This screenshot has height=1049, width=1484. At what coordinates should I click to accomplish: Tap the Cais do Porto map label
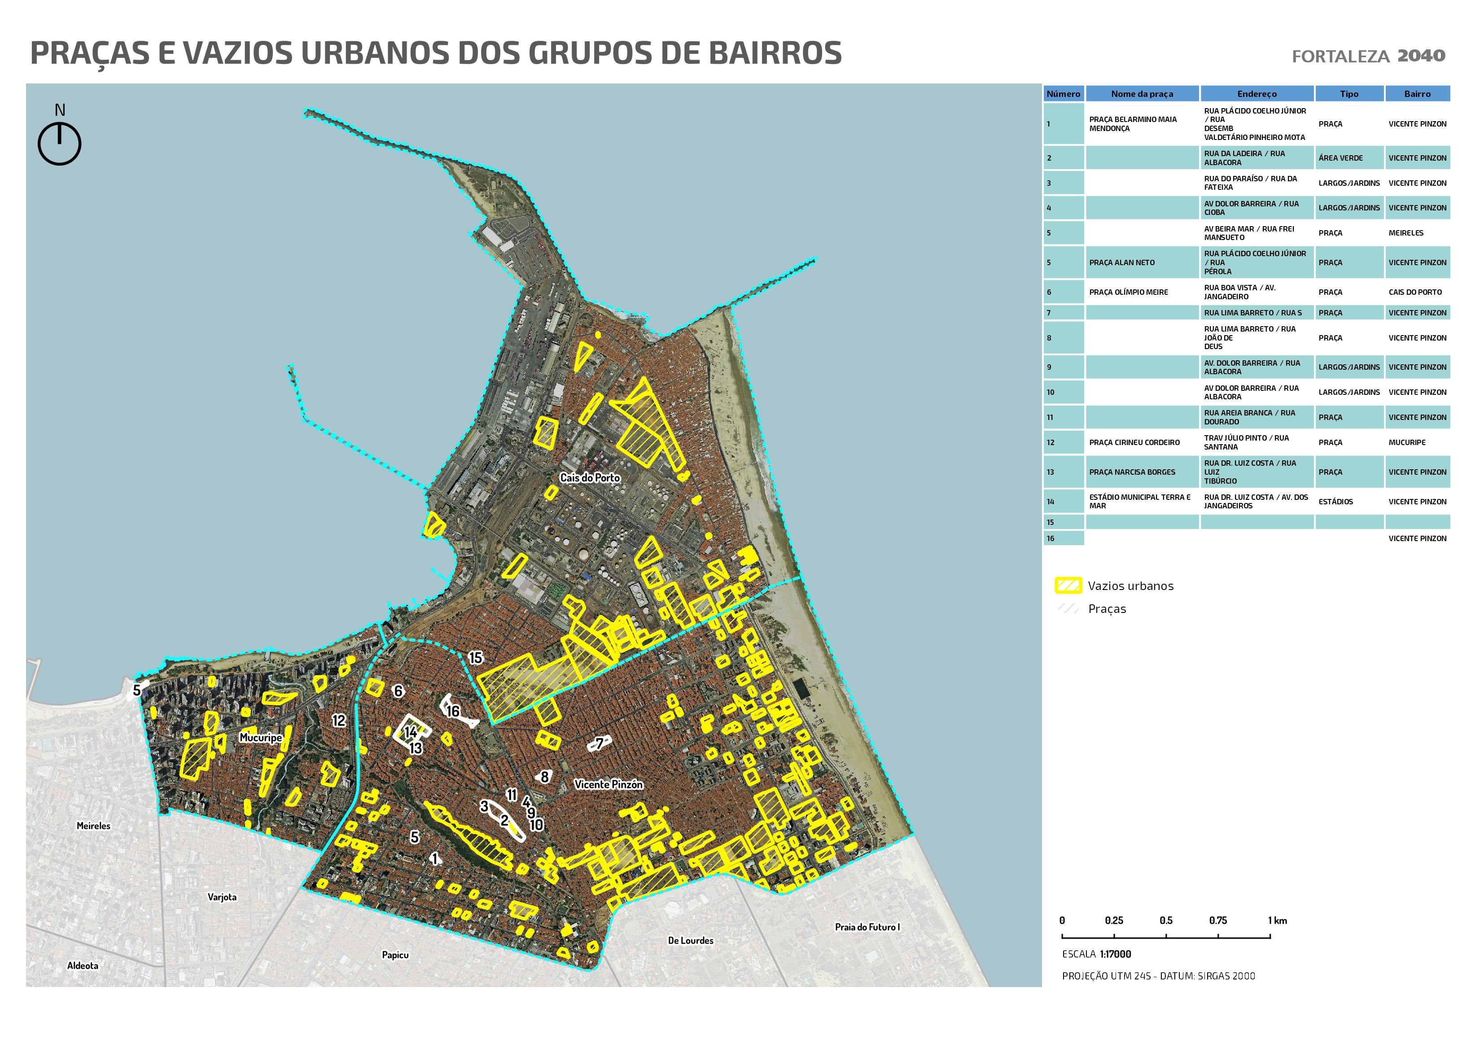click(590, 478)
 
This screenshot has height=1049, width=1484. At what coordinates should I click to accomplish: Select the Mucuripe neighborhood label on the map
click(260, 738)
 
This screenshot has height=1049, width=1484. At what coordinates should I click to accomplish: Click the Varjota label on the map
click(222, 897)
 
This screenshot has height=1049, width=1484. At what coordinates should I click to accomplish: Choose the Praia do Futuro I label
click(867, 927)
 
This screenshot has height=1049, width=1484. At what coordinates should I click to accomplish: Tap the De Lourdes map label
click(690, 940)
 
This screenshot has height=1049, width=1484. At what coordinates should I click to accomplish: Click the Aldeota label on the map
click(83, 966)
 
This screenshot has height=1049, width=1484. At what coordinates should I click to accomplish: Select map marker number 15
click(475, 658)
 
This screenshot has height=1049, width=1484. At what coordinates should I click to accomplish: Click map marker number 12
click(339, 721)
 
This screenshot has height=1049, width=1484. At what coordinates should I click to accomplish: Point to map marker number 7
click(599, 743)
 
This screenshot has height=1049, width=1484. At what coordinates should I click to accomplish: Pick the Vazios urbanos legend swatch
click(1068, 586)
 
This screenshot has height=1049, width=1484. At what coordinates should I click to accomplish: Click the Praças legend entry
click(1107, 609)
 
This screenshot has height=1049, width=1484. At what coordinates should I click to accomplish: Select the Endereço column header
click(1256, 94)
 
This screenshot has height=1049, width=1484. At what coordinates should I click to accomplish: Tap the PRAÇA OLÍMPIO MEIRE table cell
click(1129, 292)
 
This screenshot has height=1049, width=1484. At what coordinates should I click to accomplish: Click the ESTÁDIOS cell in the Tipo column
click(1335, 502)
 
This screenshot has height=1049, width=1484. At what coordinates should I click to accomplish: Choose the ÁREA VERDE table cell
click(1340, 157)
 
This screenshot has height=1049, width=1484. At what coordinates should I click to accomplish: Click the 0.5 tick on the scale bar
click(1166, 920)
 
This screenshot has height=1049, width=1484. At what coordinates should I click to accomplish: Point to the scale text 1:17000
click(1115, 954)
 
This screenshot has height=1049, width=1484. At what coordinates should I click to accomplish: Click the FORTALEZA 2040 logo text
click(1368, 56)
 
